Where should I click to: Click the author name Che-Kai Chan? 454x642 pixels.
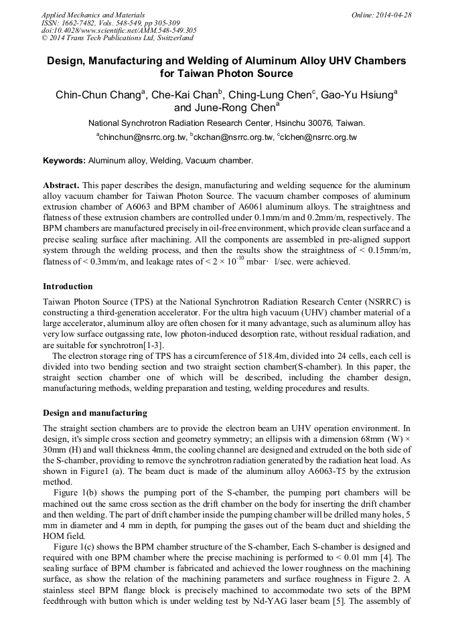(x=185, y=95)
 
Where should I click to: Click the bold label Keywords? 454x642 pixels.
(x=64, y=161)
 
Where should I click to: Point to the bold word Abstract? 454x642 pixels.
(x=61, y=184)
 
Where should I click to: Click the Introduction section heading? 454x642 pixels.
(x=68, y=287)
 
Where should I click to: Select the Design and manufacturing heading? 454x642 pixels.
(x=94, y=412)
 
